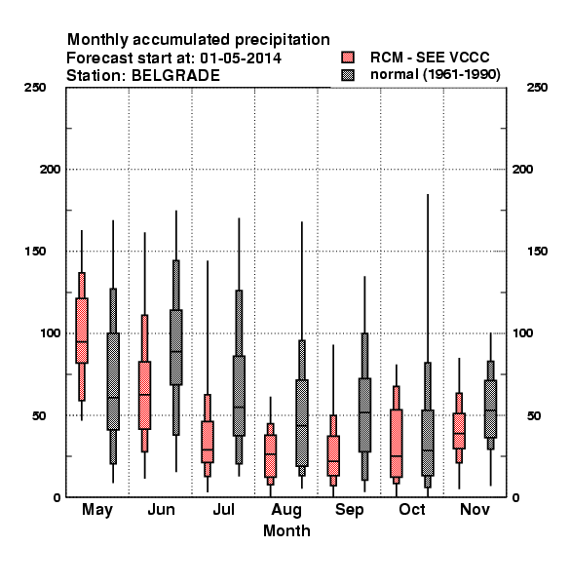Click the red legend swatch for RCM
pyautogui.click(x=348, y=58)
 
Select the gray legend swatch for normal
pyautogui.click(x=348, y=75)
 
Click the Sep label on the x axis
pyautogui.click(x=349, y=510)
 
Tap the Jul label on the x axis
pyautogui.click(x=224, y=509)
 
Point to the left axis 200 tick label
pyautogui.click(x=51, y=170)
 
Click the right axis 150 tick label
pyautogui.click(x=537, y=252)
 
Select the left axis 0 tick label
pyautogui.click(x=57, y=497)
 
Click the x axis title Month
pyautogui.click(x=286, y=530)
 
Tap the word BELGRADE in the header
pyautogui.click(x=175, y=76)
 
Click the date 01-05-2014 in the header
pyautogui.click(x=241, y=58)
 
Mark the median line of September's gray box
pyautogui.click(x=365, y=412)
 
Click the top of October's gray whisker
pyautogui.click(x=428, y=194)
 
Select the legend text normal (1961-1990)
pyautogui.click(x=436, y=75)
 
